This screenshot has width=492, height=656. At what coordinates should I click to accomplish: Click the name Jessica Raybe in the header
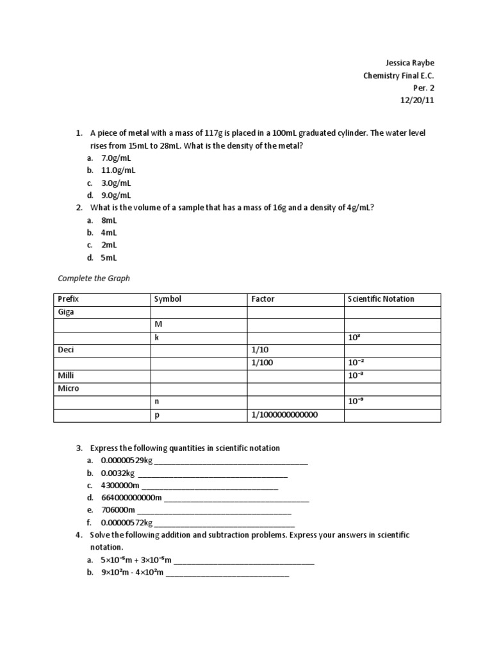point(414,63)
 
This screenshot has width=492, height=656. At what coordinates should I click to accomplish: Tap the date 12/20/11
point(417,101)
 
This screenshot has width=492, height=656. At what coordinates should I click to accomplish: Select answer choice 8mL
point(110,220)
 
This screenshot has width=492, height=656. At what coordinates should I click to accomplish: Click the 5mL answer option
point(110,258)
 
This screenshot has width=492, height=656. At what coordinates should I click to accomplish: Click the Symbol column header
point(168,299)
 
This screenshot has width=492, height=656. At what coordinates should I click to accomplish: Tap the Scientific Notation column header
point(381,299)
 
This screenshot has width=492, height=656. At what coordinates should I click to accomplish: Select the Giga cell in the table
point(66,312)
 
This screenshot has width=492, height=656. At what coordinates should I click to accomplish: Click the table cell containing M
point(158,324)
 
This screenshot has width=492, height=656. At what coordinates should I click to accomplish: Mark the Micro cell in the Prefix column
point(69,388)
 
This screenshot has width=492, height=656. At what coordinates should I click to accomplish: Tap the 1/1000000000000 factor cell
point(284,414)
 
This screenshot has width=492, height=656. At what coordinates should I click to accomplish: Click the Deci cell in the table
point(67,350)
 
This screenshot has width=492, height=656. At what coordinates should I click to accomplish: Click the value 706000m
point(119,510)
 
